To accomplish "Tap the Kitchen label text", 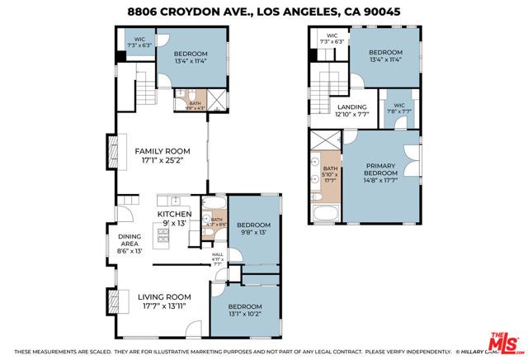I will pos(174,214).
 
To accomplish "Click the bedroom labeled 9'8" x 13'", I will pos(253,225).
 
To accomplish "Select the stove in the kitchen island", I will pos(163,237).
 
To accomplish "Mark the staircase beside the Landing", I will pos(324,83).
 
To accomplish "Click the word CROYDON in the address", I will pos(192,12).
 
